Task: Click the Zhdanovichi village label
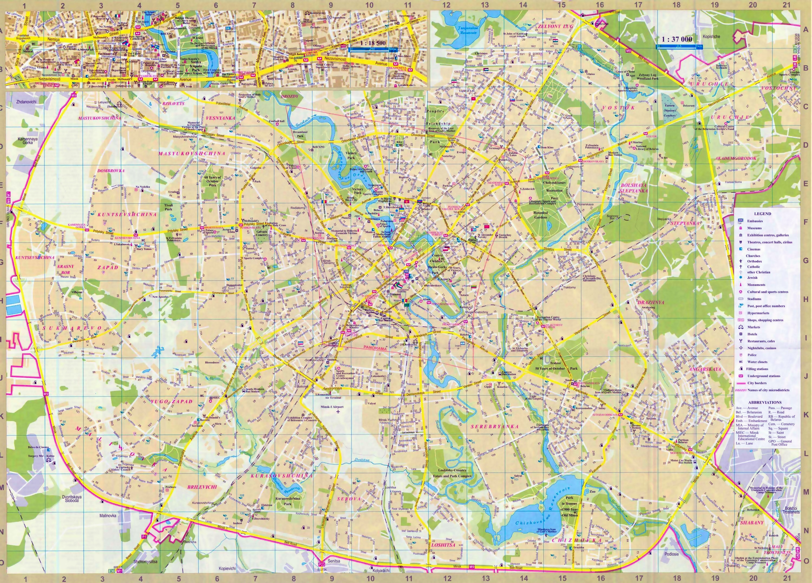[x=26, y=102]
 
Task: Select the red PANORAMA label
[x=375, y=348]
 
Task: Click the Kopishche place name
[x=711, y=37]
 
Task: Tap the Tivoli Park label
[x=169, y=207]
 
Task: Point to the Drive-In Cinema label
[x=39, y=447]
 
